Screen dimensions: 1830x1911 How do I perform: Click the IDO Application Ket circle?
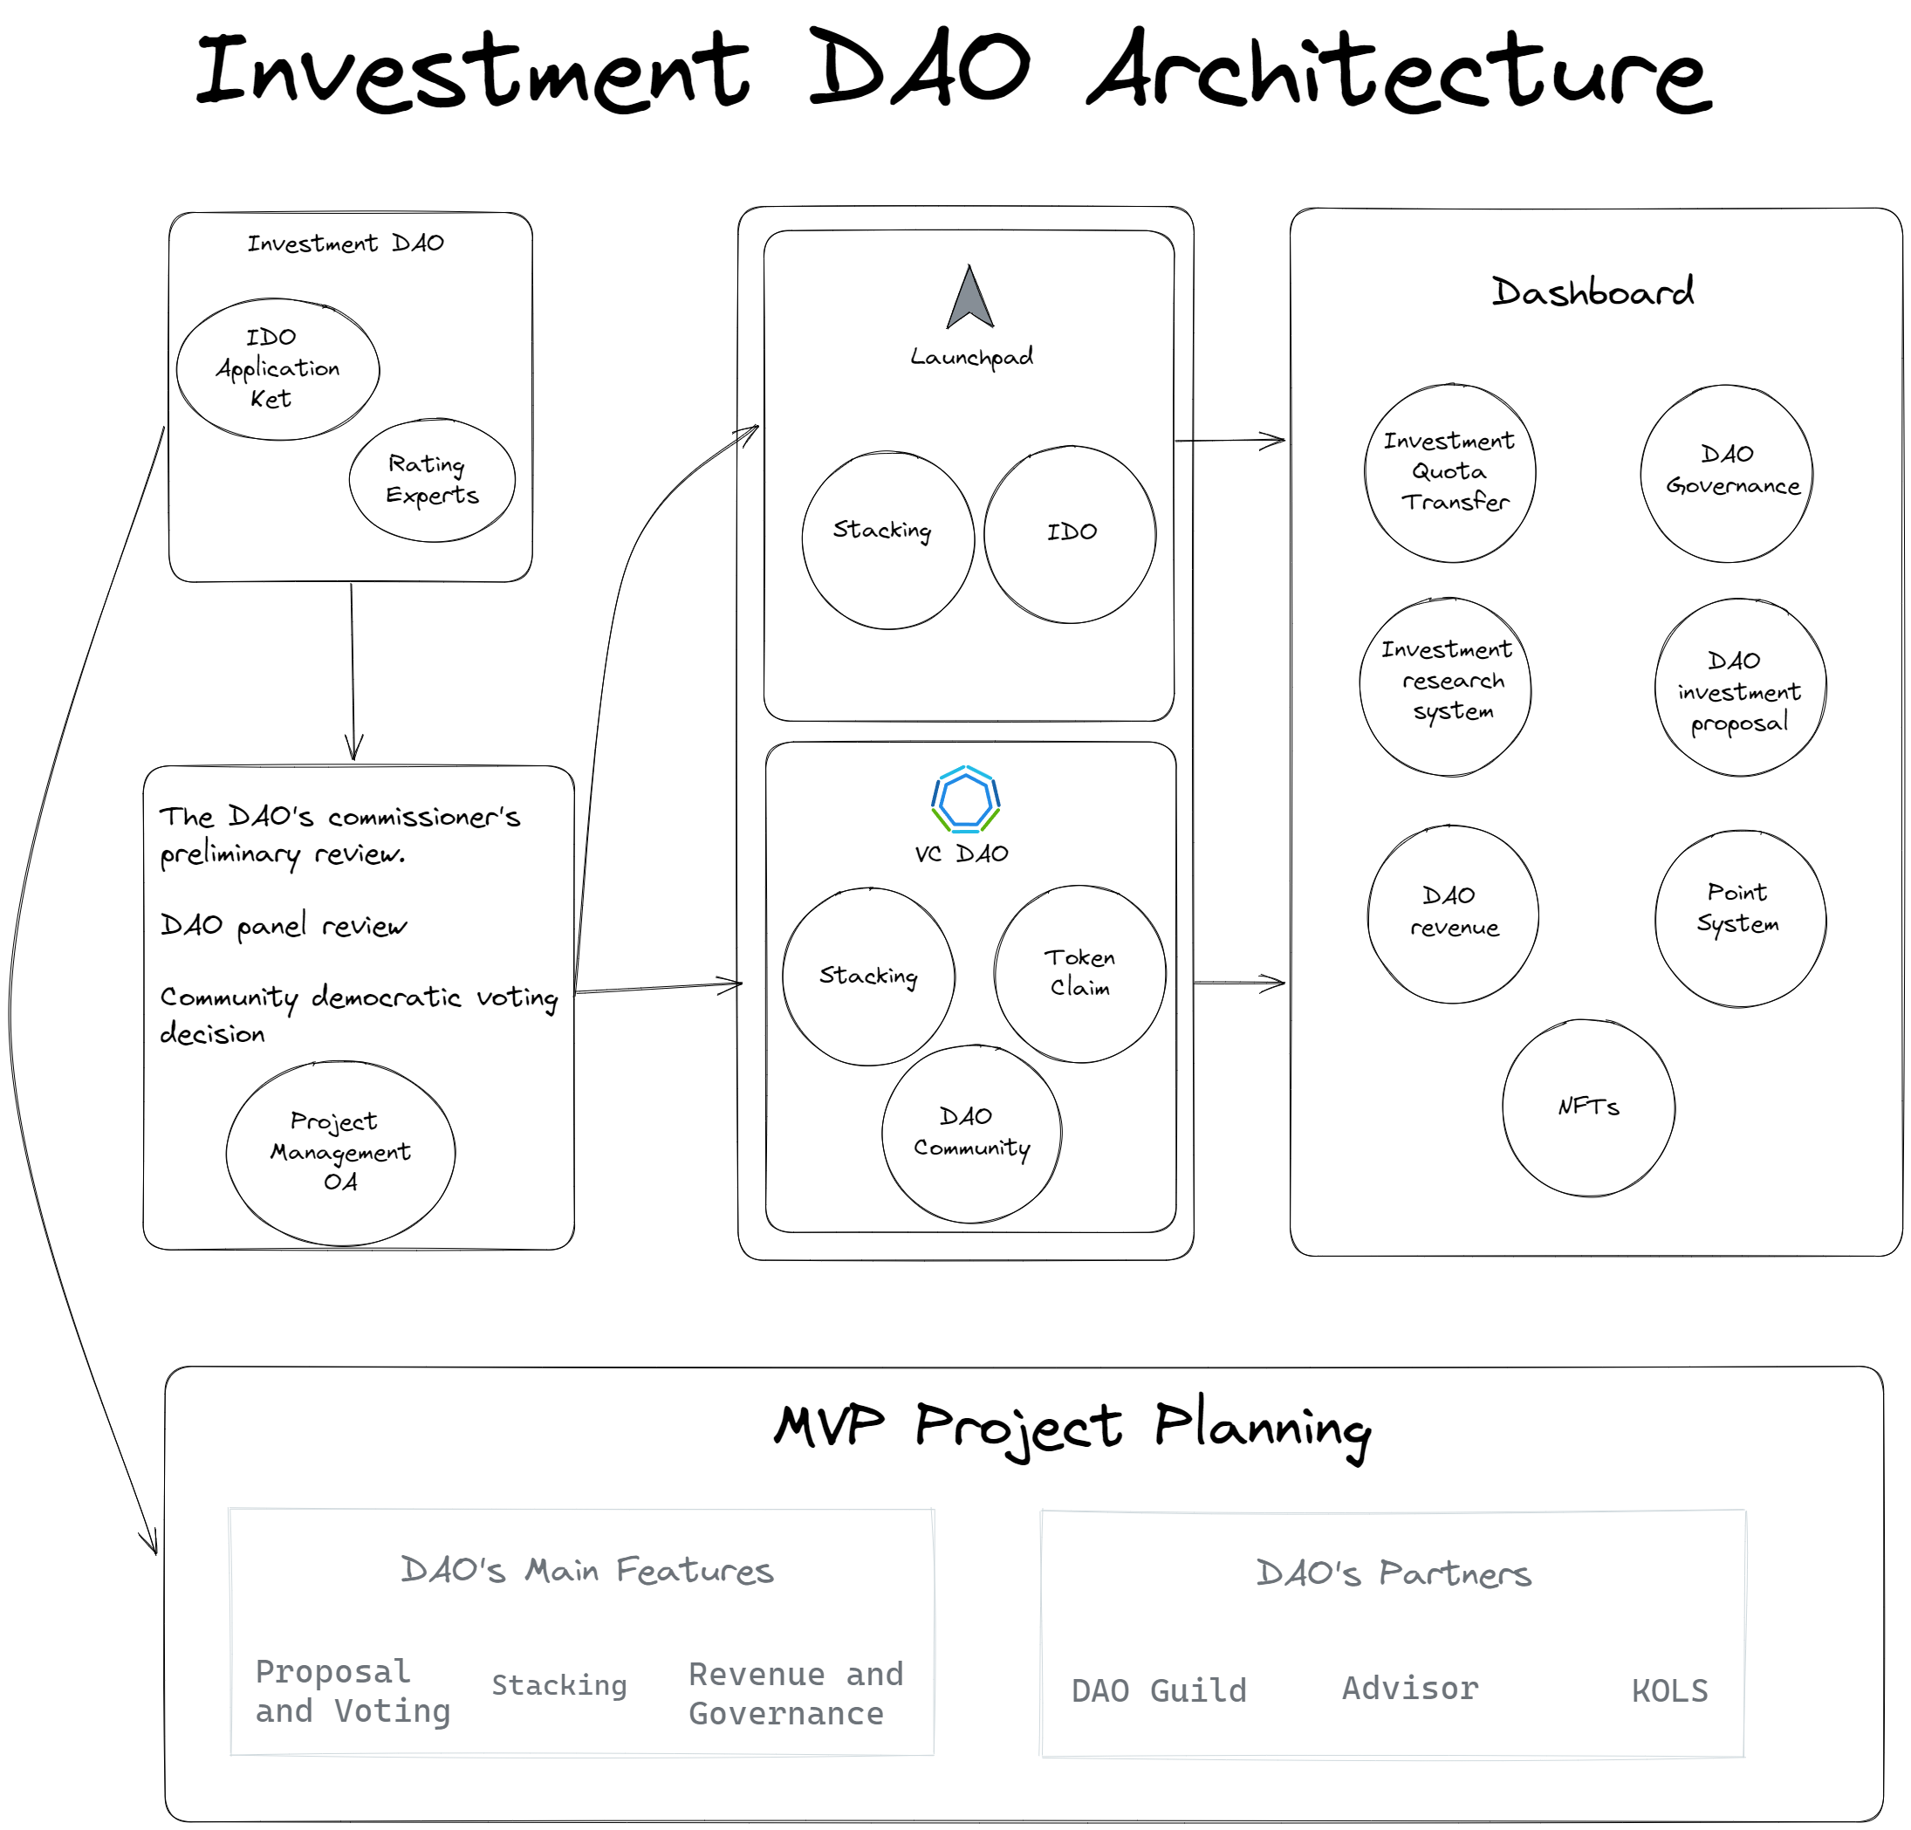click(277, 368)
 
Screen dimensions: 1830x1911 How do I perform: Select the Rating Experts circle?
click(432, 480)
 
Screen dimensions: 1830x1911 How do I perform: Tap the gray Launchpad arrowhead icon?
click(969, 298)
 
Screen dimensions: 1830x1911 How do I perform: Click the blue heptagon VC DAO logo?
click(965, 799)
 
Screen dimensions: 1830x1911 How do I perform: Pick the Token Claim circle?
click(1079, 973)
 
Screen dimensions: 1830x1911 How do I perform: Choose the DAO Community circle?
click(971, 1133)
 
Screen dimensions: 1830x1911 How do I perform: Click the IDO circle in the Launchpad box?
click(1070, 534)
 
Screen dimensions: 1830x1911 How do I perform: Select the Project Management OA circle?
click(340, 1153)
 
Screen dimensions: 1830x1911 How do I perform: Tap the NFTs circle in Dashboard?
click(1588, 1107)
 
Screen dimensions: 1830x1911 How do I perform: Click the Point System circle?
click(1739, 918)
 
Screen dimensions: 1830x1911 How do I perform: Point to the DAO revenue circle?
click(1453, 914)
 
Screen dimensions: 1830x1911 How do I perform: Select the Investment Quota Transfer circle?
click(1449, 473)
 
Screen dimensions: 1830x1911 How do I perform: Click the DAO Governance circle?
click(1727, 473)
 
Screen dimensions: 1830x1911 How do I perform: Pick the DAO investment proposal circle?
click(1739, 688)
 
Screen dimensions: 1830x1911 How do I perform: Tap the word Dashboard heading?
click(1592, 291)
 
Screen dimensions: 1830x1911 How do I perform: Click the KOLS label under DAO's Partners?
click(1669, 1689)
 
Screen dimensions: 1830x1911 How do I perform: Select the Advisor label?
click(1410, 1688)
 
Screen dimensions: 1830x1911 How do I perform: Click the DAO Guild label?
click(1158, 1689)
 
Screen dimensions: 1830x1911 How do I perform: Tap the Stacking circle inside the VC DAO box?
click(867, 976)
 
